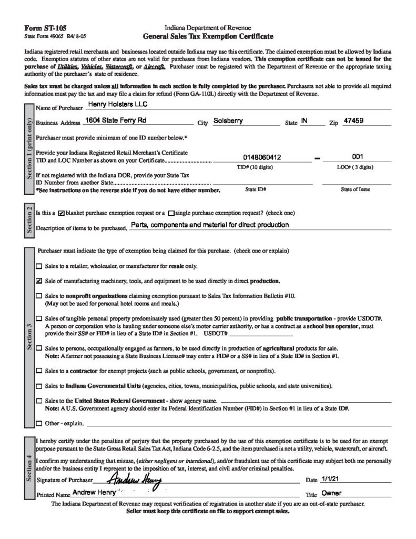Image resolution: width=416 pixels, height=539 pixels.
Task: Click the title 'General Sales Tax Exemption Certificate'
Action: tap(208, 37)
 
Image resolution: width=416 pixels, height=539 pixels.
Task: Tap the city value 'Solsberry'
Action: tap(228, 121)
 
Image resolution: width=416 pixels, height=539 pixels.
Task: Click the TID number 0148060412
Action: tap(262, 157)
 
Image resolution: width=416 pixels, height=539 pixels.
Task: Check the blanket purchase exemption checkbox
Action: tap(61, 213)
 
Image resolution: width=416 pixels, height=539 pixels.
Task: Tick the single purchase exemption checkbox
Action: tap(171, 213)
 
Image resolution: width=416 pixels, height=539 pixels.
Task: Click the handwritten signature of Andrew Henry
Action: tap(134, 480)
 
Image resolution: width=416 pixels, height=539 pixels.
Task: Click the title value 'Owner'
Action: tap(331, 494)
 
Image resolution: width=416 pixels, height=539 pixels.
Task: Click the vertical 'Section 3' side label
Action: tap(29, 337)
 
